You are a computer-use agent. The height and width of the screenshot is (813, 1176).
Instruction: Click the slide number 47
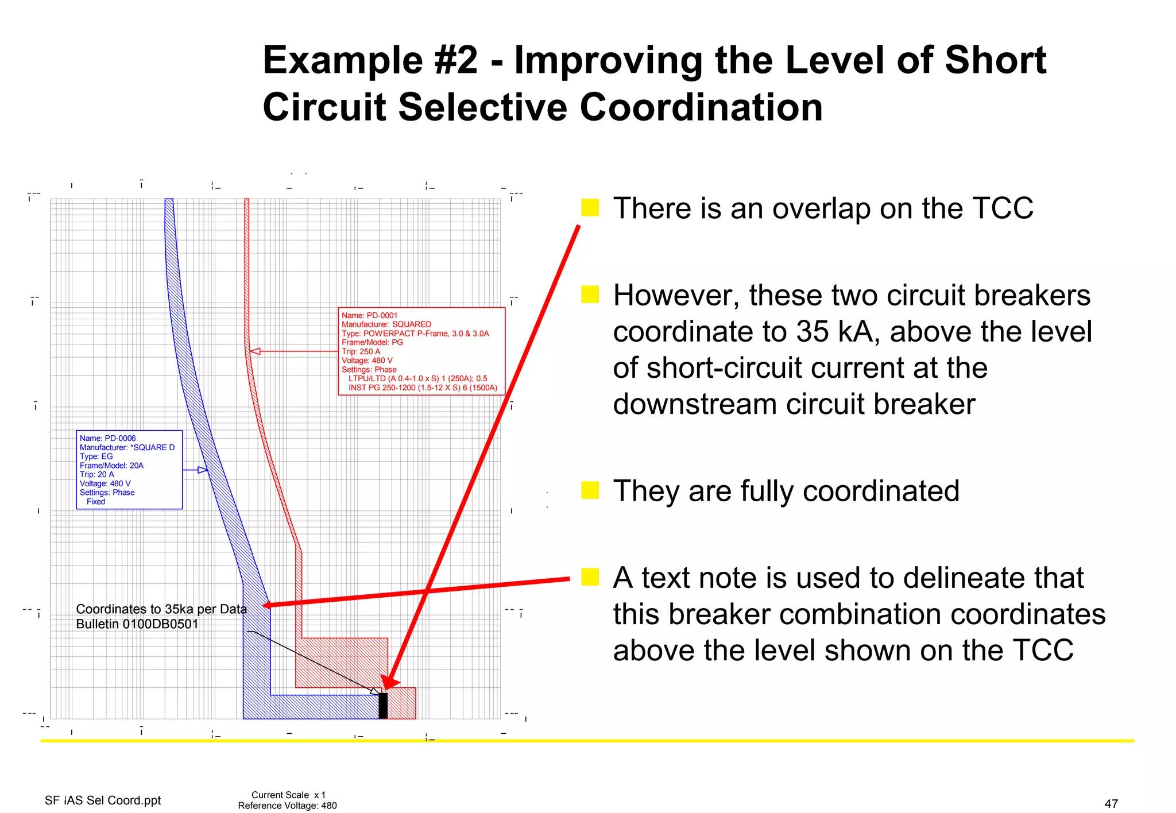(1111, 803)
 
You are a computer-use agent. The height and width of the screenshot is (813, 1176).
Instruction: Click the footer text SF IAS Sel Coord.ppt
(103, 800)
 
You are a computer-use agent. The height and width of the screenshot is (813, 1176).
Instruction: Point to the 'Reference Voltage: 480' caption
(287, 806)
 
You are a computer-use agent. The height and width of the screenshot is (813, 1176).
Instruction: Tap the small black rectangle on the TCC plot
(383, 706)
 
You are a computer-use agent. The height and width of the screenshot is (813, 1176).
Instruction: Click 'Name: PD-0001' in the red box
(369, 315)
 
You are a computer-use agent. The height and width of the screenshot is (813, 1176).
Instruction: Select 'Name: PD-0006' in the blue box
(107, 438)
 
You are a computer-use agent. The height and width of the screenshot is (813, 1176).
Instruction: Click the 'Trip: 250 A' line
(361, 351)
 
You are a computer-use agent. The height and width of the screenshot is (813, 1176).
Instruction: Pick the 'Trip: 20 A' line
(96, 474)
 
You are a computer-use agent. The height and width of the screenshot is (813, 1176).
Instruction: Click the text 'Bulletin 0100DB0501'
(137, 624)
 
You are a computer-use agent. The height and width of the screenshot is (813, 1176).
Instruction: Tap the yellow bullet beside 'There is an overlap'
(590, 207)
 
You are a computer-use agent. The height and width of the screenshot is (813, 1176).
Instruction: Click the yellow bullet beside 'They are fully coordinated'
(590, 490)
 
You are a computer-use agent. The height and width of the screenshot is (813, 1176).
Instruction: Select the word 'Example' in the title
(343, 60)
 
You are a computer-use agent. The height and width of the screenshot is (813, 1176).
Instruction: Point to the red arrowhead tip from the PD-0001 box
(252, 351)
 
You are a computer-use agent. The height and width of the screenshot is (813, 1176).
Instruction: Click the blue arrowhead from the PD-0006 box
(203, 470)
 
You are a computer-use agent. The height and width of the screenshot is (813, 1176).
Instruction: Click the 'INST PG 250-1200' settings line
(423, 388)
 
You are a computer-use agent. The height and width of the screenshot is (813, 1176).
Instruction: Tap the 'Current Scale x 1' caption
(288, 795)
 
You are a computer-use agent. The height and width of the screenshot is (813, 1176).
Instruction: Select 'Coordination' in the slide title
(701, 107)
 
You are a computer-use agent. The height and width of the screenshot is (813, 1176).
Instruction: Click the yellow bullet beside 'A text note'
(590, 577)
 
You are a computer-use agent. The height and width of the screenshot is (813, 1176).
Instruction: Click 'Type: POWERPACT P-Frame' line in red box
(415, 334)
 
